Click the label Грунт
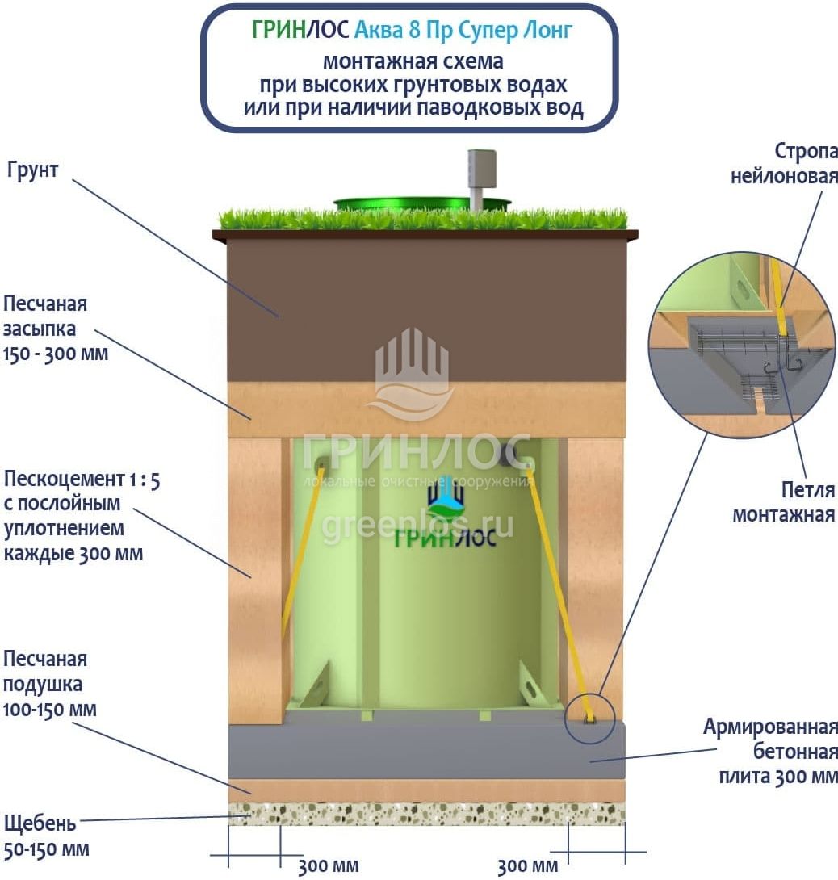click(34, 171)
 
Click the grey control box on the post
click(480, 168)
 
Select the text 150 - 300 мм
click(56, 354)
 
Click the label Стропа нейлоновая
click(784, 163)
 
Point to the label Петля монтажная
click(784, 501)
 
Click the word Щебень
click(40, 824)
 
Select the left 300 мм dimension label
click(328, 867)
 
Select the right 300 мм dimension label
click(527, 867)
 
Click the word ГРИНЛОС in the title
click(300, 31)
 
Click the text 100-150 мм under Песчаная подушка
click(50, 710)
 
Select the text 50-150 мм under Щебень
click(47, 849)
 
